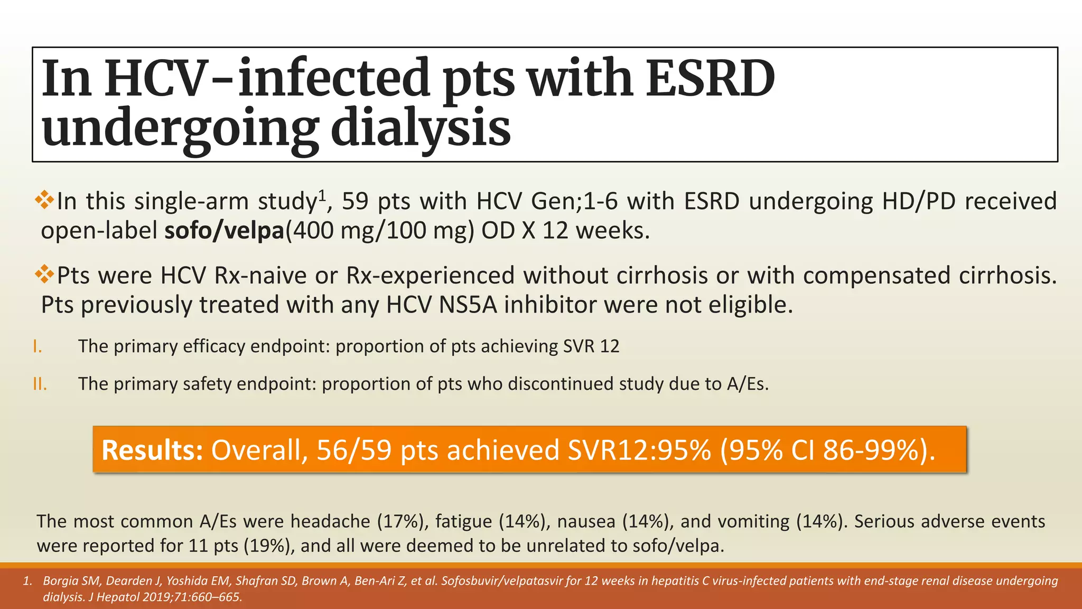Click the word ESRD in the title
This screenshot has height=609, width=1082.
pyautogui.click(x=710, y=79)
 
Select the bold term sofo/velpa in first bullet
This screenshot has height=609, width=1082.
pyautogui.click(x=225, y=231)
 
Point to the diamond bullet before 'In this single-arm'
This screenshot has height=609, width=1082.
pyautogui.click(x=45, y=200)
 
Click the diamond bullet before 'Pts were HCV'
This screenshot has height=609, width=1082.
pyautogui.click(x=45, y=274)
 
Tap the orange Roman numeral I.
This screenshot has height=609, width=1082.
pyautogui.click(x=37, y=347)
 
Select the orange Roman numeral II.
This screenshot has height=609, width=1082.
pyautogui.click(x=40, y=384)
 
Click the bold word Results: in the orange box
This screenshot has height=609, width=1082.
pyautogui.click(x=152, y=450)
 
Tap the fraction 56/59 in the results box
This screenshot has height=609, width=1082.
pyautogui.click(x=354, y=450)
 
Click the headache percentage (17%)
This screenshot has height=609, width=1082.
pyautogui.click(x=403, y=522)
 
